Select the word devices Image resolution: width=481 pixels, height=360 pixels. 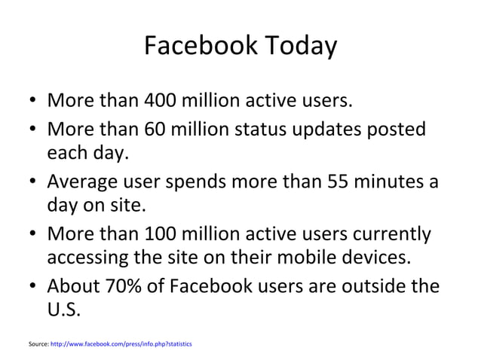click(x=383, y=258)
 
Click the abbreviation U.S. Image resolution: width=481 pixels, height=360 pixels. click(x=63, y=310)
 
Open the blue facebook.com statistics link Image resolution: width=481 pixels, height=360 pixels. click(x=121, y=343)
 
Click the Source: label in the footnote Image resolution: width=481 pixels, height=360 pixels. click(x=37, y=343)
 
